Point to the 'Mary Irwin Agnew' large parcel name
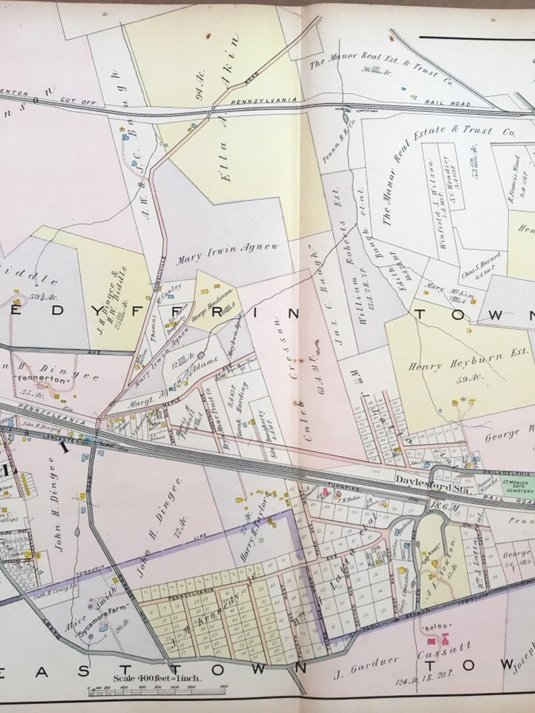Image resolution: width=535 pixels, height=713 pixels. tap(227, 253)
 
